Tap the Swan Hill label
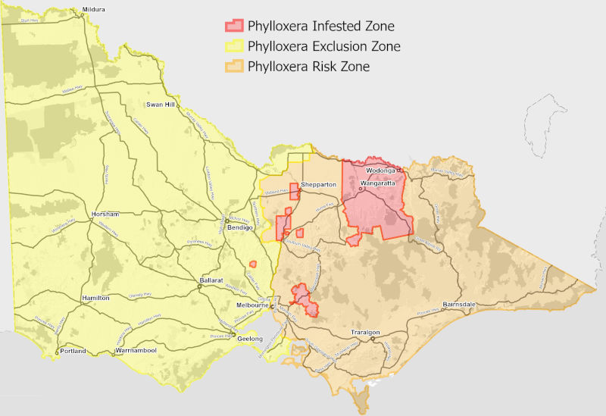pos(161,104)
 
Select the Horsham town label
pos(102,214)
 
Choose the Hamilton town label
pos(95,299)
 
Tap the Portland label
pos(73,351)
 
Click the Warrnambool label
pos(136,351)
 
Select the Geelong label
pos(249,338)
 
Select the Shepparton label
pos(318,185)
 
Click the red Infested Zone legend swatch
pos(233,26)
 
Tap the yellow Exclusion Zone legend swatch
pos(233,46)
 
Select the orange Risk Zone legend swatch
pos(233,67)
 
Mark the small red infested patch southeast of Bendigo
pos(255,264)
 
